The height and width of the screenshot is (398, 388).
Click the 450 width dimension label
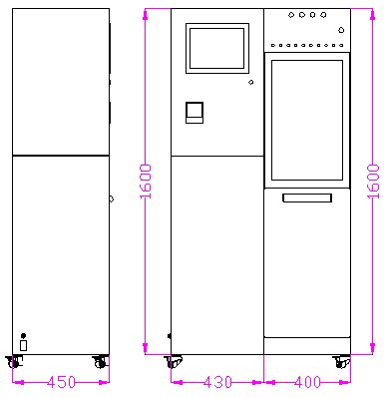click(61, 382)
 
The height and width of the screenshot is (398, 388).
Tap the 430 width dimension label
click(217, 382)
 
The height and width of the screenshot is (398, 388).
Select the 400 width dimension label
click(307, 382)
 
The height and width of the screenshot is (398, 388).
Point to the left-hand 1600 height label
click(146, 182)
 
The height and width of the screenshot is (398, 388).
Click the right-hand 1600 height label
click(373, 182)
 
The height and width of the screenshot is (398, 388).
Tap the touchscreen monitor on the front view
click(217, 48)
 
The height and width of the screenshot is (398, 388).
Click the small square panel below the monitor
click(194, 113)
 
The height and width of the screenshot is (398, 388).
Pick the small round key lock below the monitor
click(251, 82)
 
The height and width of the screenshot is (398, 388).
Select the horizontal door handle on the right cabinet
click(307, 198)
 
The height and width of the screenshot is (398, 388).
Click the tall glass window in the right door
click(307, 120)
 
